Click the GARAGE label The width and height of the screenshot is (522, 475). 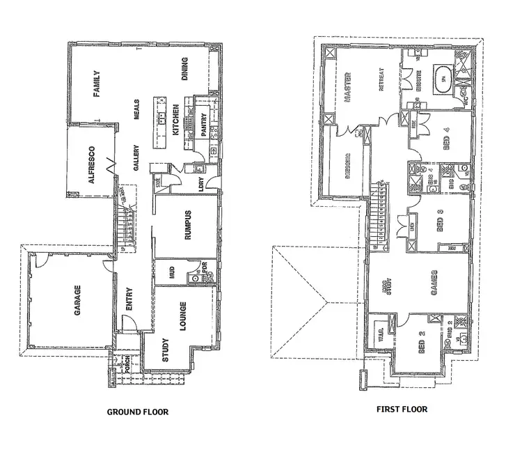click(78, 300)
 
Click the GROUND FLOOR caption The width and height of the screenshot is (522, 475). click(137, 412)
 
